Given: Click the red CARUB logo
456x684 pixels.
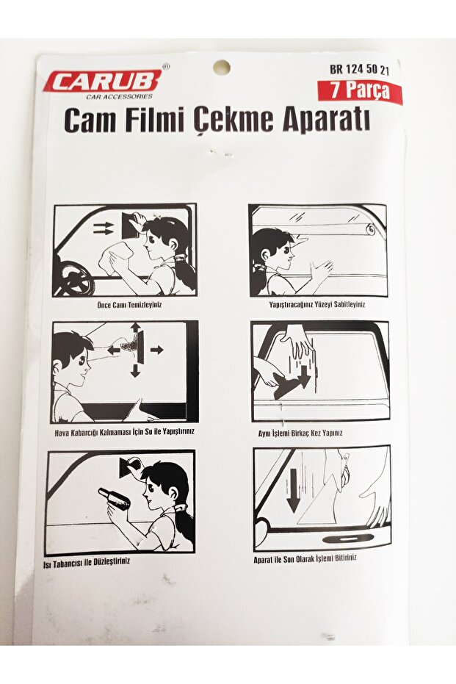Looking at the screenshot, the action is [x=102, y=81].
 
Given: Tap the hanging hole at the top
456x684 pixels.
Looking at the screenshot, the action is [x=222, y=67].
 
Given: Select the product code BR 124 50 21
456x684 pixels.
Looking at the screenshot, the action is [x=359, y=70].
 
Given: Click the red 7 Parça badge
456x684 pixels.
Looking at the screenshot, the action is [x=360, y=91].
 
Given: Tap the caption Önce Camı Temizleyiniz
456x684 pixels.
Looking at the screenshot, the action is [x=129, y=304].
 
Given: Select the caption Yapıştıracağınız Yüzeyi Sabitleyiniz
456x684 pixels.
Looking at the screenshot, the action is [x=317, y=304].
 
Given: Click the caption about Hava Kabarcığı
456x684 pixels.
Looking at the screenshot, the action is [x=124, y=431].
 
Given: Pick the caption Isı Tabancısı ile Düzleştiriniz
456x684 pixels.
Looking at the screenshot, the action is [x=87, y=561].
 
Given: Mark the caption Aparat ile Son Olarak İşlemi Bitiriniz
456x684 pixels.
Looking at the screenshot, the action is [x=305, y=558].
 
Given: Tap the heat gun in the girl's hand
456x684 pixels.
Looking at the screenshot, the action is [x=115, y=499].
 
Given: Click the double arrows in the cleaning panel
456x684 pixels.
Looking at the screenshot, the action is [x=104, y=228].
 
